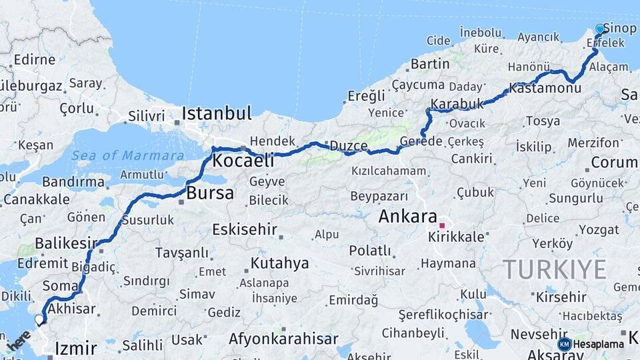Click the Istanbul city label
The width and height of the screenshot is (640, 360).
click(216, 113)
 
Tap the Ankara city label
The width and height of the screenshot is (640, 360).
click(407, 216)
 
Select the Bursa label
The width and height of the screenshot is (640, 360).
click(210, 194)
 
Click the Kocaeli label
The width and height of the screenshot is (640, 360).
click(243, 161)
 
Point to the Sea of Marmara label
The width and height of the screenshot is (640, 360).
click(127, 155)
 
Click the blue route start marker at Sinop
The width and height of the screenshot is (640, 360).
click(600, 29)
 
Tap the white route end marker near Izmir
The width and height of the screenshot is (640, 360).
click(39, 319)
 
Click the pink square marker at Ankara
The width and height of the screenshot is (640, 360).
click(441, 225)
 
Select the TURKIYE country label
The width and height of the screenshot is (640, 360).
click(554, 269)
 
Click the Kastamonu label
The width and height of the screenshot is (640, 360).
click(545, 87)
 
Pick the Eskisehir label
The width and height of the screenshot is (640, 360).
click(244, 229)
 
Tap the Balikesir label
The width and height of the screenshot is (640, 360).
click(65, 243)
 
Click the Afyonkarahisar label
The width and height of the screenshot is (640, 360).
click(283, 339)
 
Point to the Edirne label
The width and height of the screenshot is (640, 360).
click(34, 59)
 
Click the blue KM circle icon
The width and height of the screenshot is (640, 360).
click(564, 344)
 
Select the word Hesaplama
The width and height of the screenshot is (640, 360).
click(599, 344)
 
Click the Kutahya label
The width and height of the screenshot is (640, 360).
click(279, 263)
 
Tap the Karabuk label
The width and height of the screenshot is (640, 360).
click(457, 104)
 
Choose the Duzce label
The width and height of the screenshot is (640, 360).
click(349, 146)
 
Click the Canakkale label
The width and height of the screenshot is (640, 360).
click(36, 199)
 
